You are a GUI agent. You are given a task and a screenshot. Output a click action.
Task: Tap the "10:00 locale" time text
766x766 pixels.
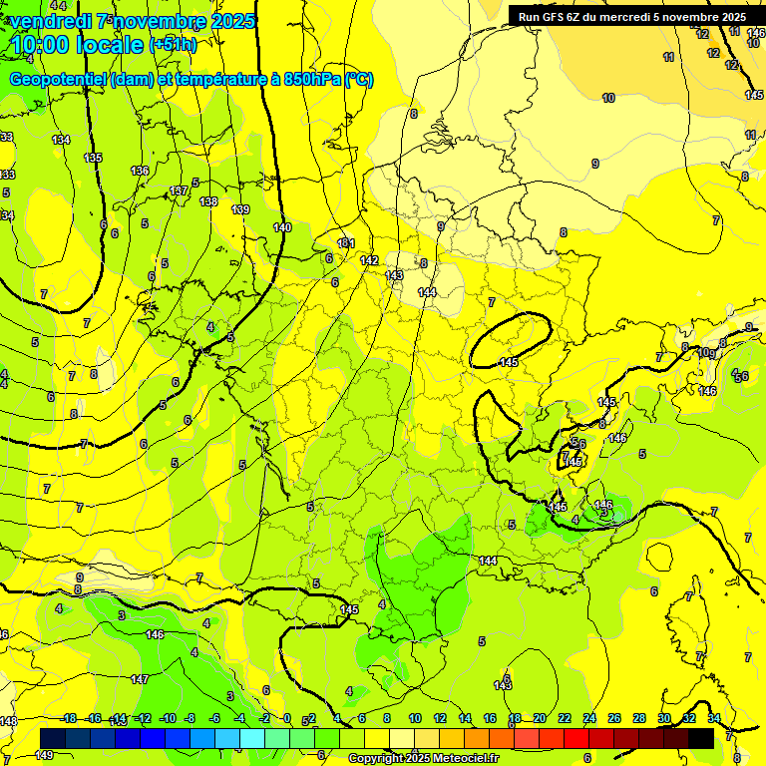point(76,45)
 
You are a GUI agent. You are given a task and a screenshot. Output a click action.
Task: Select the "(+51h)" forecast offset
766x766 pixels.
point(173,45)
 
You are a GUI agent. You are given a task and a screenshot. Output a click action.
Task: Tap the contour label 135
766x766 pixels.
point(93,159)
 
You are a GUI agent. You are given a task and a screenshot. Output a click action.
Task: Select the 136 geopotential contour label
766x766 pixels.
point(140,172)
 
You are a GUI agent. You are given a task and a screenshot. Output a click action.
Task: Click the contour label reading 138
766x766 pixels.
point(208,202)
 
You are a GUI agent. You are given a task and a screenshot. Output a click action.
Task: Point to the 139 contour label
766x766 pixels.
point(240,209)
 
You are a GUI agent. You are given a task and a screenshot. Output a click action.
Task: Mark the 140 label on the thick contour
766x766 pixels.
point(282,228)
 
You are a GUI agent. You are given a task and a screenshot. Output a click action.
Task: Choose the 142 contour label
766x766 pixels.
point(369,260)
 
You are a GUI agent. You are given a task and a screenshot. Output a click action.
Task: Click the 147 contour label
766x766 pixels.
point(140,679)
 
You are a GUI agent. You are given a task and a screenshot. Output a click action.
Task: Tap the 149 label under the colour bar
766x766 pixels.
point(44,756)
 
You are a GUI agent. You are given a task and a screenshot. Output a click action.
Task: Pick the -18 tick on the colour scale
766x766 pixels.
point(68,718)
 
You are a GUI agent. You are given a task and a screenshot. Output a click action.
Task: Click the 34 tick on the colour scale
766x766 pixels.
point(714,718)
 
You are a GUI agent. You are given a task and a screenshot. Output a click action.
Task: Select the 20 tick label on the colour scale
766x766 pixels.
point(540,718)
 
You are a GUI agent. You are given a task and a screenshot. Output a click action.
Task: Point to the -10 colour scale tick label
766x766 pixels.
point(168,718)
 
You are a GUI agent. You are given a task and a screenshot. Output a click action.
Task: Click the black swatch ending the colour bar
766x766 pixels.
point(701,738)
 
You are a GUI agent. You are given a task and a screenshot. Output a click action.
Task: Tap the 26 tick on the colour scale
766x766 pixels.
point(614,718)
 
